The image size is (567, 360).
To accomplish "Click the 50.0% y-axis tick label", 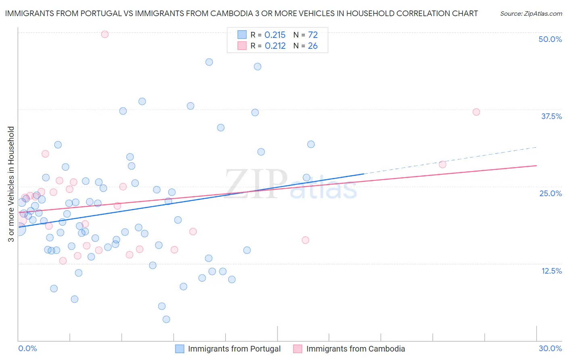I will click(x=550, y=39).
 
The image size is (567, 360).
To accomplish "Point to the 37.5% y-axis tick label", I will click(x=551, y=116).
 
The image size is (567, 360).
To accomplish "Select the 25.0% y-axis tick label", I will click(x=550, y=193).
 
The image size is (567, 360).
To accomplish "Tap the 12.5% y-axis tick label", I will click(x=551, y=270).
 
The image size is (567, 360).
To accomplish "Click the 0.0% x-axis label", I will click(x=27, y=348).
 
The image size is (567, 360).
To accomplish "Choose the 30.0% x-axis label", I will click(x=550, y=348).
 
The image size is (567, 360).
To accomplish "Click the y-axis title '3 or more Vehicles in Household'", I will click(x=11, y=184).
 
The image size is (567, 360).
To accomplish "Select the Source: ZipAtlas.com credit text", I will click(x=531, y=13).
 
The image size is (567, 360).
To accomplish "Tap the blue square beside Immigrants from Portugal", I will click(x=179, y=349).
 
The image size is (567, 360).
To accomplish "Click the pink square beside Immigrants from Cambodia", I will click(x=298, y=349).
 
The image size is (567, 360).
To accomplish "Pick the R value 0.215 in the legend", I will click(x=275, y=35).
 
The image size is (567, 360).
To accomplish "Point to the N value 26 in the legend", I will click(x=313, y=46).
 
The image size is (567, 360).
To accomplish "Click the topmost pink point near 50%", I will click(x=105, y=34).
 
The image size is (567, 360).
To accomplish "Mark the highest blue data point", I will click(x=209, y=62).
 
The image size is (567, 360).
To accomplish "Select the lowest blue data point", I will click(x=166, y=319).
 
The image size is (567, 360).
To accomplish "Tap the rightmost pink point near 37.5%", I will click(x=476, y=112).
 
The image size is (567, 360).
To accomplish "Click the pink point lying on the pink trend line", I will click(x=117, y=206).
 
